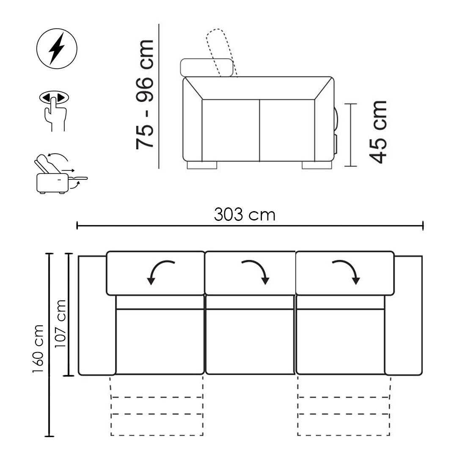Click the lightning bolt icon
tap(57, 48)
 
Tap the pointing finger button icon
tap(54, 110)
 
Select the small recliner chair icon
tap(61, 174)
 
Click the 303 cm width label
tap(245, 215)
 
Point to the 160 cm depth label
tap(38, 348)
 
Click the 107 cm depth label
tap(61, 323)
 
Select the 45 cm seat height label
tap(378, 132)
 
